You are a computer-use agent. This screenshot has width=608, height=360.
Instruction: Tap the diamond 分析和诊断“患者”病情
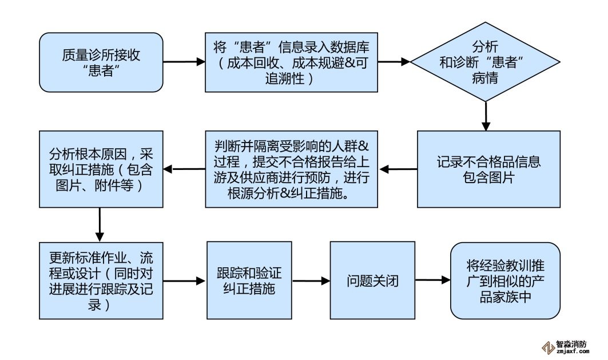(485, 62)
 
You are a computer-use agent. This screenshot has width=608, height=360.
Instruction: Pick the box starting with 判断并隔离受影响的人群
(292, 169)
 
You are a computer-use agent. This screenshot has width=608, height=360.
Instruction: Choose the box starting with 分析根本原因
(101, 169)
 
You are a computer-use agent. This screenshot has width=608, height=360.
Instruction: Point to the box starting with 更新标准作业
(101, 280)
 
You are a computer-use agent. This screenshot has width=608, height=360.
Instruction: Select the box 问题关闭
(372, 280)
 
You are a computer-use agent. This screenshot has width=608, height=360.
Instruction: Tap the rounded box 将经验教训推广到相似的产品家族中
(504, 280)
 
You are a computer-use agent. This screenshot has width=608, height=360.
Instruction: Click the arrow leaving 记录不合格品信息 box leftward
(398, 169)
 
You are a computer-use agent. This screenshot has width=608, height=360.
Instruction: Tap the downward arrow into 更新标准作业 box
(100, 224)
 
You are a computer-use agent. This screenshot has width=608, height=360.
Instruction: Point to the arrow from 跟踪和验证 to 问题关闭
(311, 281)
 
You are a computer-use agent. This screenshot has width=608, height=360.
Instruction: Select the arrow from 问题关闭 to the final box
(432, 280)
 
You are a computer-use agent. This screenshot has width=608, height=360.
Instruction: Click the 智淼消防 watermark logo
(566, 346)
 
